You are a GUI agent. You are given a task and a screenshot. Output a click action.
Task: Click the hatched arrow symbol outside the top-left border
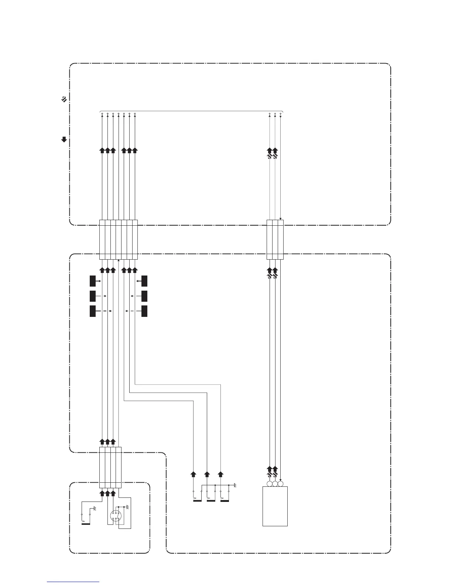pyautogui.click(x=64, y=99)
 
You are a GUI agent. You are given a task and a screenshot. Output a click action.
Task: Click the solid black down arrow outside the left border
pyautogui.click(x=64, y=140)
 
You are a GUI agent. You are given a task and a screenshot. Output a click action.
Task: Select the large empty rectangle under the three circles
pyautogui.click(x=275, y=506)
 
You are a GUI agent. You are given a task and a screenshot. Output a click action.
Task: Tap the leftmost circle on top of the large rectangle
pyautogui.click(x=270, y=484)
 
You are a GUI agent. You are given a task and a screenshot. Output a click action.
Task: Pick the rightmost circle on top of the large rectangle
pyautogui.click(x=280, y=484)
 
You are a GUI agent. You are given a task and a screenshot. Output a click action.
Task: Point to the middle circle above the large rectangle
pyautogui.click(x=275, y=484)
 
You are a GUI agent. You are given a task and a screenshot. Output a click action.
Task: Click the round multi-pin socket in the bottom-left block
pyautogui.click(x=116, y=515)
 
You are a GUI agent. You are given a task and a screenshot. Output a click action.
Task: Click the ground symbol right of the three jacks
pyautogui.click(x=234, y=485)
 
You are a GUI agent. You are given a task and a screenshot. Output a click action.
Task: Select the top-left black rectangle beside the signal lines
pyautogui.click(x=93, y=281)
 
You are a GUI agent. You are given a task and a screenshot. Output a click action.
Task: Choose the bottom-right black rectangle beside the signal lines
pyautogui.click(x=144, y=311)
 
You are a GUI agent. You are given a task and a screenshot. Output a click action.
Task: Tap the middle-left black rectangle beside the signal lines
pyautogui.click(x=93, y=296)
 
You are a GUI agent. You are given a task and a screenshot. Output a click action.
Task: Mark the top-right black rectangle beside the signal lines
pyautogui.click(x=144, y=281)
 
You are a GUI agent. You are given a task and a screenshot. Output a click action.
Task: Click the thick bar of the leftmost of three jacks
pyautogui.click(x=198, y=501)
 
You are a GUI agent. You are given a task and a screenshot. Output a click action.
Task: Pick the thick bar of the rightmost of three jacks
pyautogui.click(x=225, y=501)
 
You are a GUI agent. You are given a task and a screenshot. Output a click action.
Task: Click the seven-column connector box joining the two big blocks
pyautogui.click(x=118, y=240)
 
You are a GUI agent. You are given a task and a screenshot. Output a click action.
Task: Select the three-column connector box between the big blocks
pyautogui.click(x=275, y=240)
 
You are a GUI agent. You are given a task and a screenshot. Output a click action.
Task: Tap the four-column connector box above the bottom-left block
pyautogui.click(x=110, y=467)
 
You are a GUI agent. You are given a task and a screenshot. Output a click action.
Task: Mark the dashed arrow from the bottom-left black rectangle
pyautogui.click(x=104, y=311)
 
